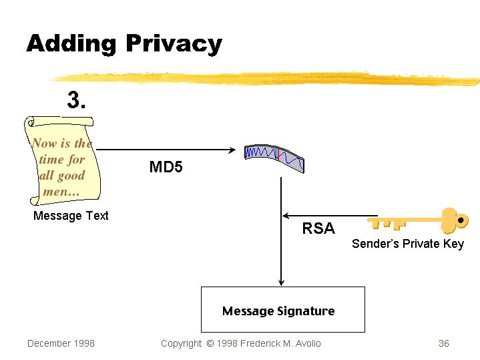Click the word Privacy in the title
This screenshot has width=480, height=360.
173,44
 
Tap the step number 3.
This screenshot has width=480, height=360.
77,101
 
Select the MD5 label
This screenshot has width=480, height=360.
166,167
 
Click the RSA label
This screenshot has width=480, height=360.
318,228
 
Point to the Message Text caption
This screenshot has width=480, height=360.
71,216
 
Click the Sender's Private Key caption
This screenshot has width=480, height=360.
407,244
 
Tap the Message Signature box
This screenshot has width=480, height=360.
282,309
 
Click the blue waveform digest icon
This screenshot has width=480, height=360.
274,158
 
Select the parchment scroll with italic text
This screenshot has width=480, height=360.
61,160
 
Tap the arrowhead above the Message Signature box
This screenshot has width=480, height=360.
282,282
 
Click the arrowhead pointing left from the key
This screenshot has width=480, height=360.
286,216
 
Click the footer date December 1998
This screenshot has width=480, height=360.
61,343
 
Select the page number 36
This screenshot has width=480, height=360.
443,343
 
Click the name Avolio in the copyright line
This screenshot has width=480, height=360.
305,343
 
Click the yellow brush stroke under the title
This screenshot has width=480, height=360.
267,77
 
